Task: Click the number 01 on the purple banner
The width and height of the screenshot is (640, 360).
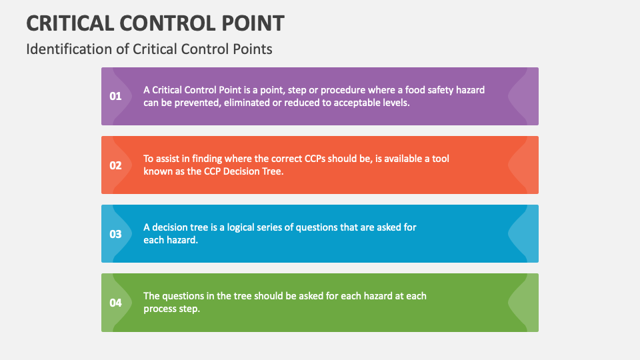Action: click(115, 96)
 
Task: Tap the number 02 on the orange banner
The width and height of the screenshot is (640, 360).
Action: click(115, 165)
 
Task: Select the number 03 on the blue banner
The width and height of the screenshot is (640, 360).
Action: click(115, 234)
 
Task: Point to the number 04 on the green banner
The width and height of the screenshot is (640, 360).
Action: click(115, 303)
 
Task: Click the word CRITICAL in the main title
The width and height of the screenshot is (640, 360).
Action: click(70, 23)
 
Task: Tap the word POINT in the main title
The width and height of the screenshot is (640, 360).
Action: click(253, 23)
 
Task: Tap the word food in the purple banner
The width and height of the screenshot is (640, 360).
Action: click(413, 90)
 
